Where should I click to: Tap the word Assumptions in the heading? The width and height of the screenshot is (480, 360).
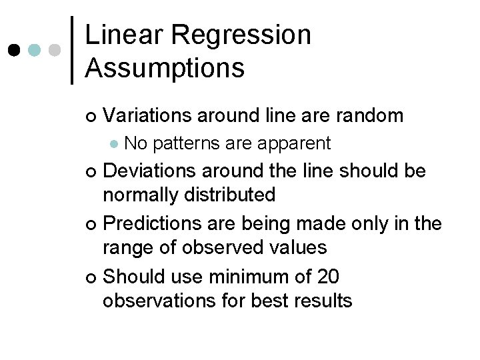[x=165, y=67]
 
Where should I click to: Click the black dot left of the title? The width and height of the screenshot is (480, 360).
[x=13, y=51]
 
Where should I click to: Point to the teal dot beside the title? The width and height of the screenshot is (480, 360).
[x=35, y=51]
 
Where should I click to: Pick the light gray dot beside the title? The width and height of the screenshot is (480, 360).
[x=55, y=51]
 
